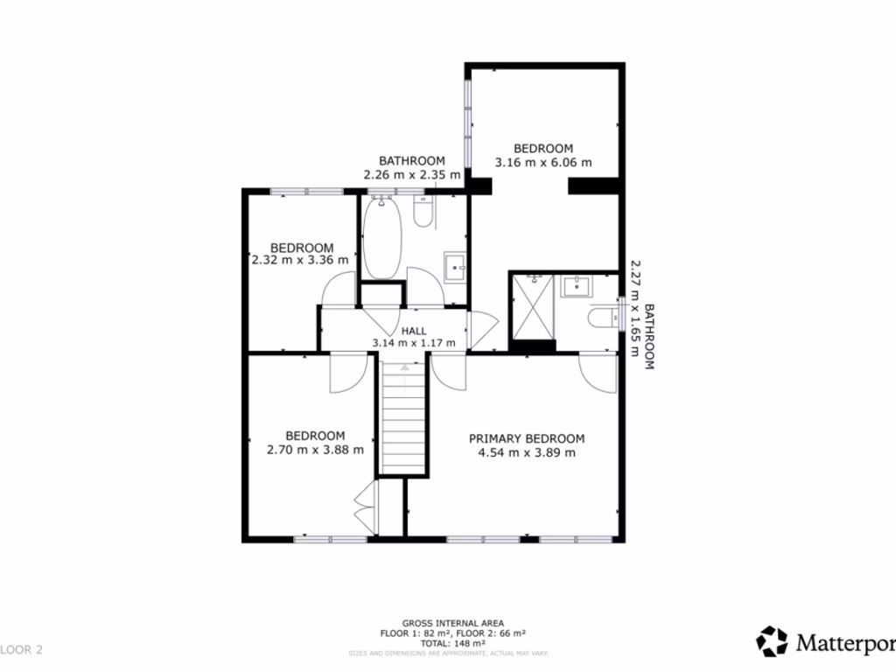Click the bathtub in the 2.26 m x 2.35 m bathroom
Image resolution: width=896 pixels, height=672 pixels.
pos(382,239)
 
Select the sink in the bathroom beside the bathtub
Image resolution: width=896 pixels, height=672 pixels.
pos(455,266)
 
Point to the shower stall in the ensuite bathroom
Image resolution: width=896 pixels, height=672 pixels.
pos(530,307)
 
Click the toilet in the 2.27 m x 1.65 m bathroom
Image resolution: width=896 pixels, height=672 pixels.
pos(605,317)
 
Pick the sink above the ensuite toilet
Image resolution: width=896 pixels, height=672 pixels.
pos(577,285)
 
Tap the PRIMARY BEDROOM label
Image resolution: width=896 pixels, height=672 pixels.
pos(527,438)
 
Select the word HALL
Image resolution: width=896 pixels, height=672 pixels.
pos(414,331)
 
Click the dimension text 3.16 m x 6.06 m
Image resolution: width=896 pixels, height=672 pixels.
pos(543,162)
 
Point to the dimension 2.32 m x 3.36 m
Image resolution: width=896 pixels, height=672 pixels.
pos(300,260)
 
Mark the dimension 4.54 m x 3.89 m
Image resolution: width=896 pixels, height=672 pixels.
pos(527,452)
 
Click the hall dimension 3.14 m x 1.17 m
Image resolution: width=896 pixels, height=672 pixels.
pos(414,343)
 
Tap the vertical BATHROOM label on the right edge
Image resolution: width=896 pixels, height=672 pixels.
pos(649,337)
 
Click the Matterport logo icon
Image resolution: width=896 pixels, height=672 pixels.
pos(772,641)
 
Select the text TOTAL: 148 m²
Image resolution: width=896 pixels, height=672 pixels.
pos(452,642)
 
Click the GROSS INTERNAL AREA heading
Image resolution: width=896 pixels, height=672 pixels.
pos(452,623)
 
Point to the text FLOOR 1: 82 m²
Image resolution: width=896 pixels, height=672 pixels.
pos(414,633)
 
